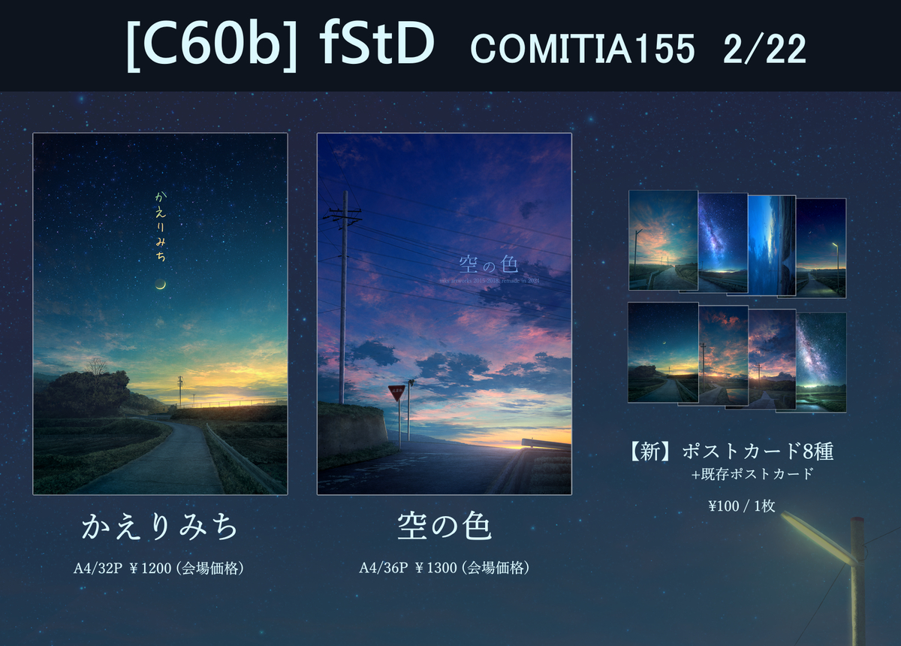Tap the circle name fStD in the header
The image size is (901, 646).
pos(377,46)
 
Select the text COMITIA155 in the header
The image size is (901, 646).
pos(582,50)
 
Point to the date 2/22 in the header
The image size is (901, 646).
pos(765,50)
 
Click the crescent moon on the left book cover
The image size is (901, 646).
pos(160,283)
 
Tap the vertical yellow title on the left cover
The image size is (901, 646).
pos(160,226)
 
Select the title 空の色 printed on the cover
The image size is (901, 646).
pos(489,266)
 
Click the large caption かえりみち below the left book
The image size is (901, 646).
pos(160,527)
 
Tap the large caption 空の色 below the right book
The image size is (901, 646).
pos(444,527)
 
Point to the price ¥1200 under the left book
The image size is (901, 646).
pos(151,569)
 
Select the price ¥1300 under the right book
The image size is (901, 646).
pos(436,569)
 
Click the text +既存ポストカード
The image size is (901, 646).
pos(752,475)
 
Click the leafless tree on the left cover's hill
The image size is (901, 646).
pos(96,367)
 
